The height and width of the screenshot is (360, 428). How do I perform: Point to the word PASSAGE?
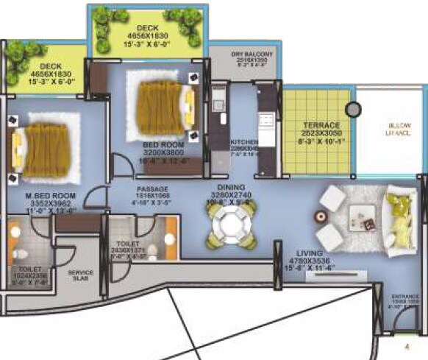149,188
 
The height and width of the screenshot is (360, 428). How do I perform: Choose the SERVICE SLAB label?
80,275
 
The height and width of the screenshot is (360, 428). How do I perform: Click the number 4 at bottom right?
404,344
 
